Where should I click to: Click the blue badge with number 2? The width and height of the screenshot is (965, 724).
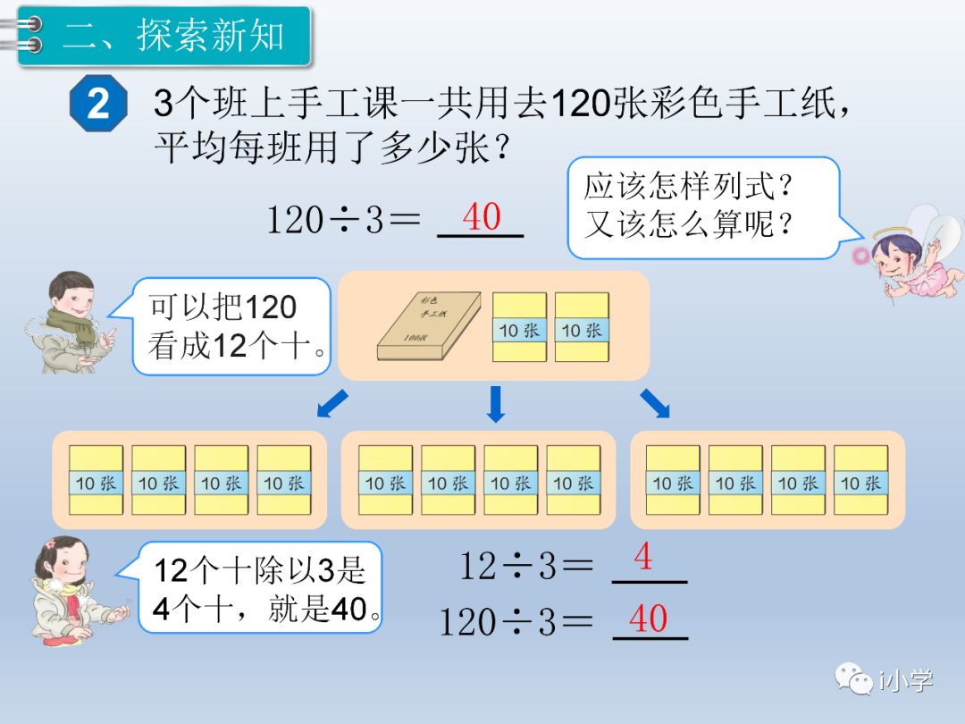pos(99,104)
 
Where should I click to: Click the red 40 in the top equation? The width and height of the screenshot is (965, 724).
pos(482,216)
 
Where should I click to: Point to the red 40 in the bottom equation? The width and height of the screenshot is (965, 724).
pos(648,618)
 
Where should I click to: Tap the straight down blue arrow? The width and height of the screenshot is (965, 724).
pos(496,405)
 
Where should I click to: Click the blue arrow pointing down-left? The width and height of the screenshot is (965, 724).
pos(332,405)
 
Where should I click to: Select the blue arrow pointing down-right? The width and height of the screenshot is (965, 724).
pos(655,405)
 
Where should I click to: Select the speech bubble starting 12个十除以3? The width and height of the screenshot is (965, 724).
pos(261,588)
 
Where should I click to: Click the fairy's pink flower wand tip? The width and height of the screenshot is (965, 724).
pos(861,256)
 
